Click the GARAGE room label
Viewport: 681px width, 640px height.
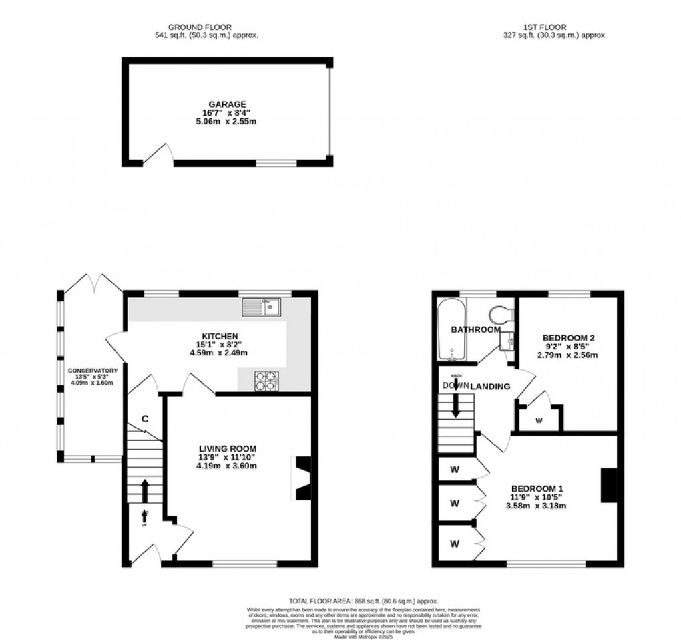[x=228, y=104]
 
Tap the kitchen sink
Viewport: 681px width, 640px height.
[x=264, y=307]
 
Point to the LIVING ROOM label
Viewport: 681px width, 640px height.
[x=228, y=448]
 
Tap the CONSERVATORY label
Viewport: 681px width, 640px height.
[x=92, y=371]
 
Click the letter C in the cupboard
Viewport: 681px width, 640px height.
[x=144, y=419]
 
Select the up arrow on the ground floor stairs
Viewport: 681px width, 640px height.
[x=144, y=490]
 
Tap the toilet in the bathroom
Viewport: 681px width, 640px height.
[x=499, y=313]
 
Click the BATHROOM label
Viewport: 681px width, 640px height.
[x=475, y=330]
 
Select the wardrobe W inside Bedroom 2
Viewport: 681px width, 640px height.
[x=539, y=420]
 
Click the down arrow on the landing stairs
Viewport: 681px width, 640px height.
[x=456, y=404]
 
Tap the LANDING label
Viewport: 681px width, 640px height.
[x=491, y=387]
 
